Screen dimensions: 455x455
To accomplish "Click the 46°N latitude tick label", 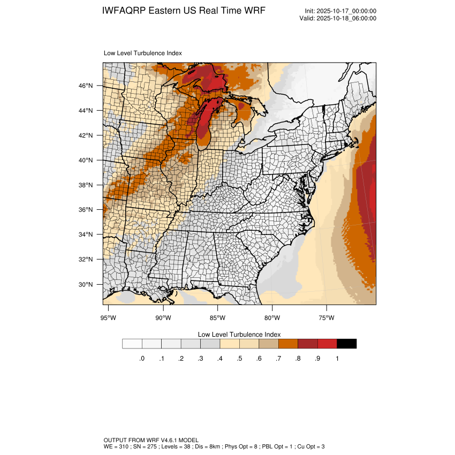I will [x=86, y=86].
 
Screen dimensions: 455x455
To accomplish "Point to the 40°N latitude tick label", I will [x=86, y=160].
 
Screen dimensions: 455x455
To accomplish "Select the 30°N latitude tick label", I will [x=86, y=284].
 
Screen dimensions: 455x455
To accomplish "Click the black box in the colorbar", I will [x=346, y=344].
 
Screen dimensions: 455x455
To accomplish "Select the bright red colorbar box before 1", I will [x=327, y=344].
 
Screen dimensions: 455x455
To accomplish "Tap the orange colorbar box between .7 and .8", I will [x=288, y=344].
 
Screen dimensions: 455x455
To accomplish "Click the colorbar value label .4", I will [x=219, y=359].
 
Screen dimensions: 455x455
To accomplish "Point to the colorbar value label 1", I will [x=337, y=359].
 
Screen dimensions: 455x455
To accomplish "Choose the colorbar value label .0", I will [x=141, y=359].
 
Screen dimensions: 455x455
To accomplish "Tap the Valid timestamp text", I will [x=338, y=18].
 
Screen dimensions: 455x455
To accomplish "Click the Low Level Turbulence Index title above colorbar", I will [x=239, y=335].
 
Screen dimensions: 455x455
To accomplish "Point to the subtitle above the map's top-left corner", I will [x=142, y=53].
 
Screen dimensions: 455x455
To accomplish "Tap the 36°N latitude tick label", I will [x=86, y=210].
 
